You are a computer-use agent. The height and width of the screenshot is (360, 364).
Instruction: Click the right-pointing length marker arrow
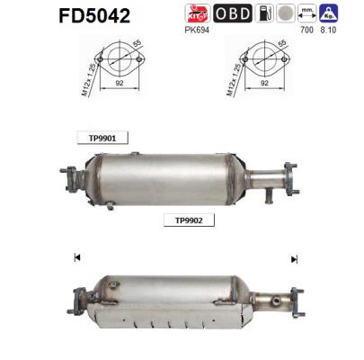click(293, 258)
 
